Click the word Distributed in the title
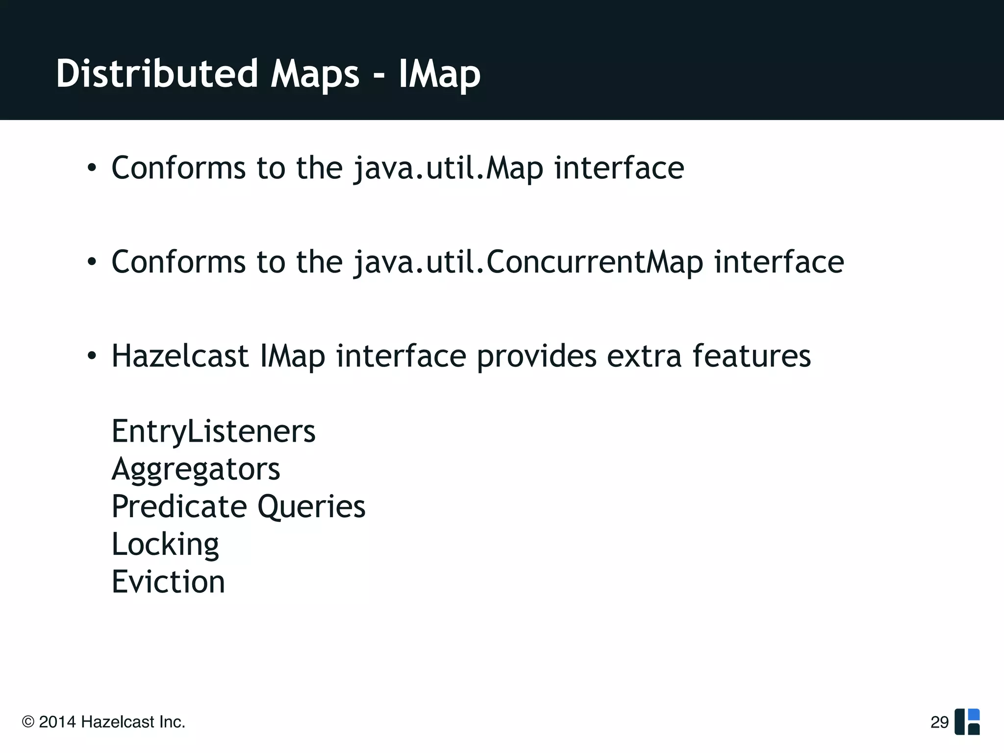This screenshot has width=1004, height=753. [x=157, y=74]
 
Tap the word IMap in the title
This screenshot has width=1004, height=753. [x=439, y=75]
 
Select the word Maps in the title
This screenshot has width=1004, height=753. [x=315, y=75]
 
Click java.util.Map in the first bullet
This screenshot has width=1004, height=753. [x=448, y=169]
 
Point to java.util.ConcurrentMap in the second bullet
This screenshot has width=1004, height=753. [x=528, y=262]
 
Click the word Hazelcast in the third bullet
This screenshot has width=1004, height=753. [x=180, y=356]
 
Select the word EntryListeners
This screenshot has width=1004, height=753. [x=213, y=431]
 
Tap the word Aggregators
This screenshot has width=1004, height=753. [x=196, y=470]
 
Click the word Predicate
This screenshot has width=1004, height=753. [x=179, y=506]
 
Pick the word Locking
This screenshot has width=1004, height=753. [x=165, y=545]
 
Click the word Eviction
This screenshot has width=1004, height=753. [x=168, y=582]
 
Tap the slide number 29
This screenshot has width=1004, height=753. [x=939, y=722]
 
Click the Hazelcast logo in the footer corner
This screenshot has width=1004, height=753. [x=967, y=722]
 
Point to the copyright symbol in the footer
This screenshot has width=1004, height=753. [x=28, y=722]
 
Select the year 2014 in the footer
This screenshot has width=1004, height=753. [x=57, y=722]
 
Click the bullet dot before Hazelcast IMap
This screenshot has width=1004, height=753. [x=92, y=356]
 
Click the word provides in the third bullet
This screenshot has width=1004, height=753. [x=536, y=357]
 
